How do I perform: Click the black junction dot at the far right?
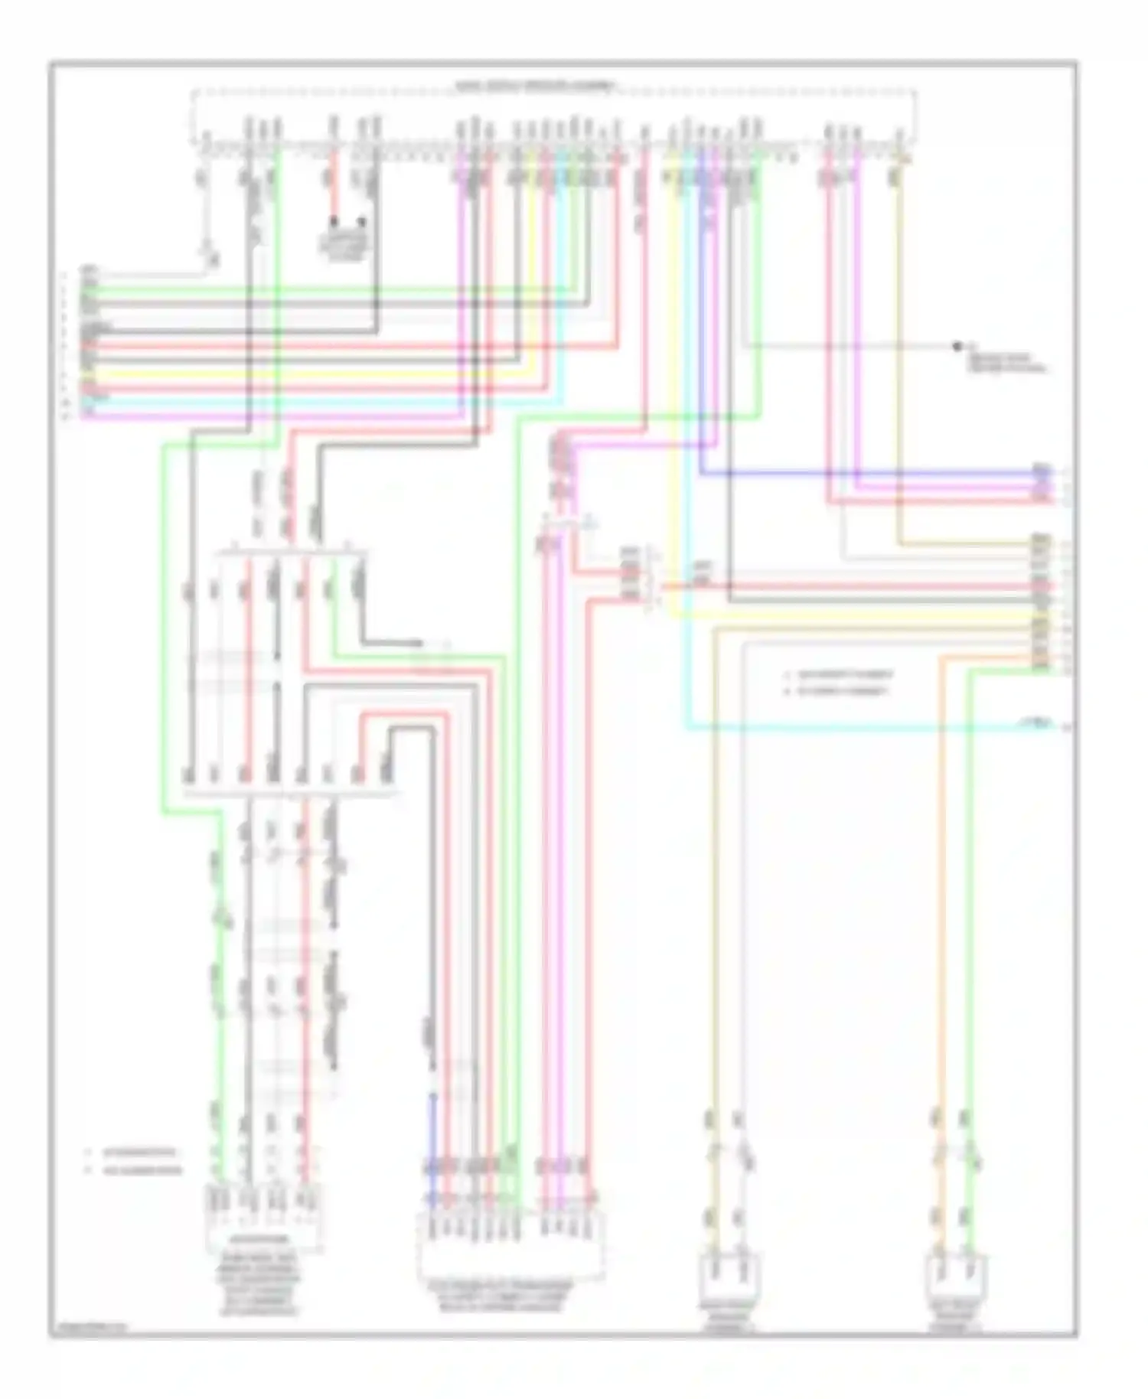(x=957, y=347)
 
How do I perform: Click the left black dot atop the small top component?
(x=334, y=222)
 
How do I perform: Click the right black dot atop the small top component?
(x=362, y=222)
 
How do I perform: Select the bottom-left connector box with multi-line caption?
(x=263, y=1217)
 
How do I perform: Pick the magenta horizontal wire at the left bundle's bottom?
(x=268, y=417)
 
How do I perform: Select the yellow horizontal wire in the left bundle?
(x=306, y=375)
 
